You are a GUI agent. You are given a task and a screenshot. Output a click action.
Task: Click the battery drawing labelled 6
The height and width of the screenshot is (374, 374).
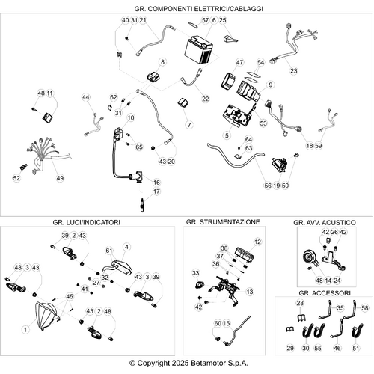click(198, 50)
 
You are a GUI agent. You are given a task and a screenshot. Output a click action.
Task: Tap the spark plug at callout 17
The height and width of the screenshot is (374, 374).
click(142, 206)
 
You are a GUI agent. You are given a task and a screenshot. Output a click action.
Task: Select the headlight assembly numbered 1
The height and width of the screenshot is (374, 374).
click(47, 316)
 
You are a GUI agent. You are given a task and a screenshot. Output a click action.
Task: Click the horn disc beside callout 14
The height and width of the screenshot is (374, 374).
click(310, 260)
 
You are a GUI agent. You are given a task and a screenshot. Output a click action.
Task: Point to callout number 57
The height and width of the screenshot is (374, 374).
click(205, 20)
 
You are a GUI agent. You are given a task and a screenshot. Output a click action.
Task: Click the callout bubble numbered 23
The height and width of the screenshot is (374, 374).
click(294, 71)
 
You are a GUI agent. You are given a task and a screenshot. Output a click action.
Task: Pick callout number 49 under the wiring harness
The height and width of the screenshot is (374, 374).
click(60, 178)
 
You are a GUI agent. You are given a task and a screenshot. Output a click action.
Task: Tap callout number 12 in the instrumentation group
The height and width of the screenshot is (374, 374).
click(257, 242)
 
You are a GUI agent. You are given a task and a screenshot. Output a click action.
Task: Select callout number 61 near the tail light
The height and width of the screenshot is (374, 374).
click(109, 251)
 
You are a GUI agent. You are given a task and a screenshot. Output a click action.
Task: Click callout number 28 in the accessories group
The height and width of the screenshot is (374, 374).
click(300, 303)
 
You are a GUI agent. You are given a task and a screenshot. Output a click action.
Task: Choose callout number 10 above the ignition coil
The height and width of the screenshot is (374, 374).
click(131, 117)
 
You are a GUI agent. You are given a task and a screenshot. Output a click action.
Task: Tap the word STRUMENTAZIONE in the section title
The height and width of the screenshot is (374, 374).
click(230, 222)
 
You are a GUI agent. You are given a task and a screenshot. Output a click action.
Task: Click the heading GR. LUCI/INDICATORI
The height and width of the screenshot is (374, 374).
click(87, 222)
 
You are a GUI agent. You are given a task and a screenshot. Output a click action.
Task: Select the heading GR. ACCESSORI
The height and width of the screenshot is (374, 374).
click(325, 293)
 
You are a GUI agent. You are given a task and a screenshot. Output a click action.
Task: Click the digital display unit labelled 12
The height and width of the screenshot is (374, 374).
click(245, 254)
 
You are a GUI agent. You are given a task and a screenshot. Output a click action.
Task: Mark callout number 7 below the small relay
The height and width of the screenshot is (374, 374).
click(189, 125)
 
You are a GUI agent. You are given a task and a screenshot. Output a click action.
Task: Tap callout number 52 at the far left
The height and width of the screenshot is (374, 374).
click(16, 178)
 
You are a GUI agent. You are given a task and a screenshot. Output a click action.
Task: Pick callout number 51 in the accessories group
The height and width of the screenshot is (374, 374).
click(356, 348)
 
